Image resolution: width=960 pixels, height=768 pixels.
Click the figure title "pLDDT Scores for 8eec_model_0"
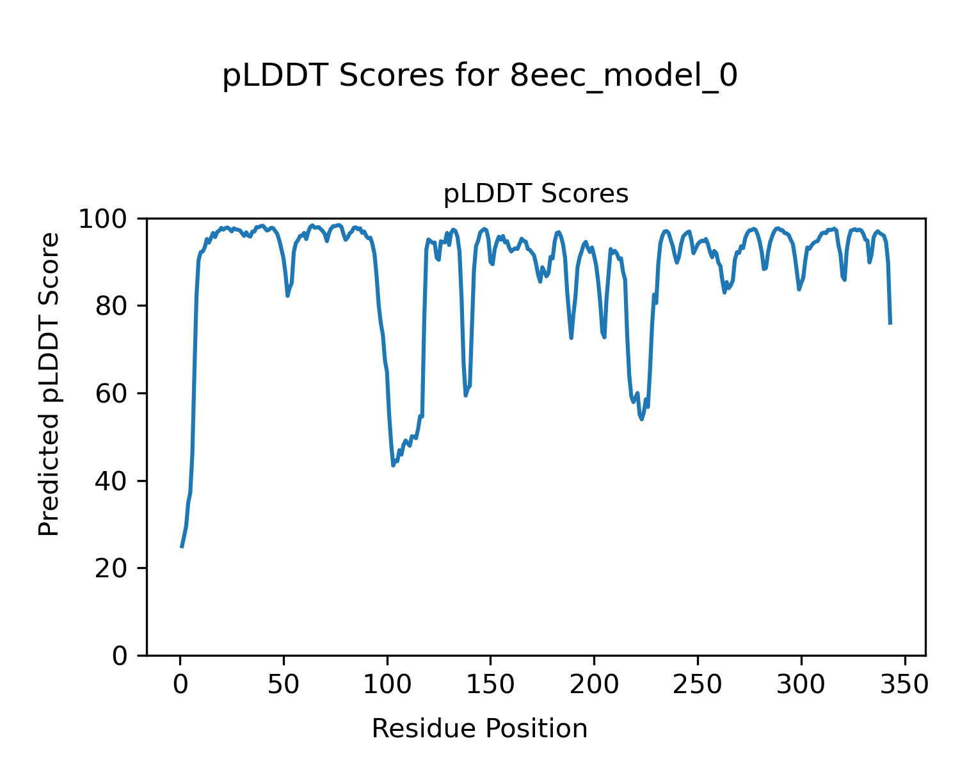click(x=479, y=76)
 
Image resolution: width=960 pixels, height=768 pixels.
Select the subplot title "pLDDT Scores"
click(x=536, y=194)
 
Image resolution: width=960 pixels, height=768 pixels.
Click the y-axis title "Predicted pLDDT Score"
click(x=49, y=384)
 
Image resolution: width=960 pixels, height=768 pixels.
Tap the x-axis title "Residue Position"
click(x=479, y=728)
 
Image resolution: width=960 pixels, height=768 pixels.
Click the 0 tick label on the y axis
click(x=120, y=656)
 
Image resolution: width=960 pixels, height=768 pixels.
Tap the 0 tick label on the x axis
click(x=180, y=685)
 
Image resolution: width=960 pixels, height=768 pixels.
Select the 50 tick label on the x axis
click(x=284, y=685)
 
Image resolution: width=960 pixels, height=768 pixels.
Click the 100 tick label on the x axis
click(x=387, y=685)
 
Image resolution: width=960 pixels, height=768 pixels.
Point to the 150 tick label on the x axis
click(x=490, y=685)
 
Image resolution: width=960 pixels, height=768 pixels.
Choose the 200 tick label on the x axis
click(x=594, y=685)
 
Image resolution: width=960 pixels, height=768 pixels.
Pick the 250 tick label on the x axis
click(x=697, y=685)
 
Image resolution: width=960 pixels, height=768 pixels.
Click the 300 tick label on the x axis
click(x=801, y=685)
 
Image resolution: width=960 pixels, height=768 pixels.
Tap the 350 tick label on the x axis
click(x=904, y=685)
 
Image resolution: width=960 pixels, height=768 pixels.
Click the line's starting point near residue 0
click(x=181, y=547)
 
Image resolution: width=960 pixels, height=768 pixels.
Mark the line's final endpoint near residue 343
click(x=890, y=324)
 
